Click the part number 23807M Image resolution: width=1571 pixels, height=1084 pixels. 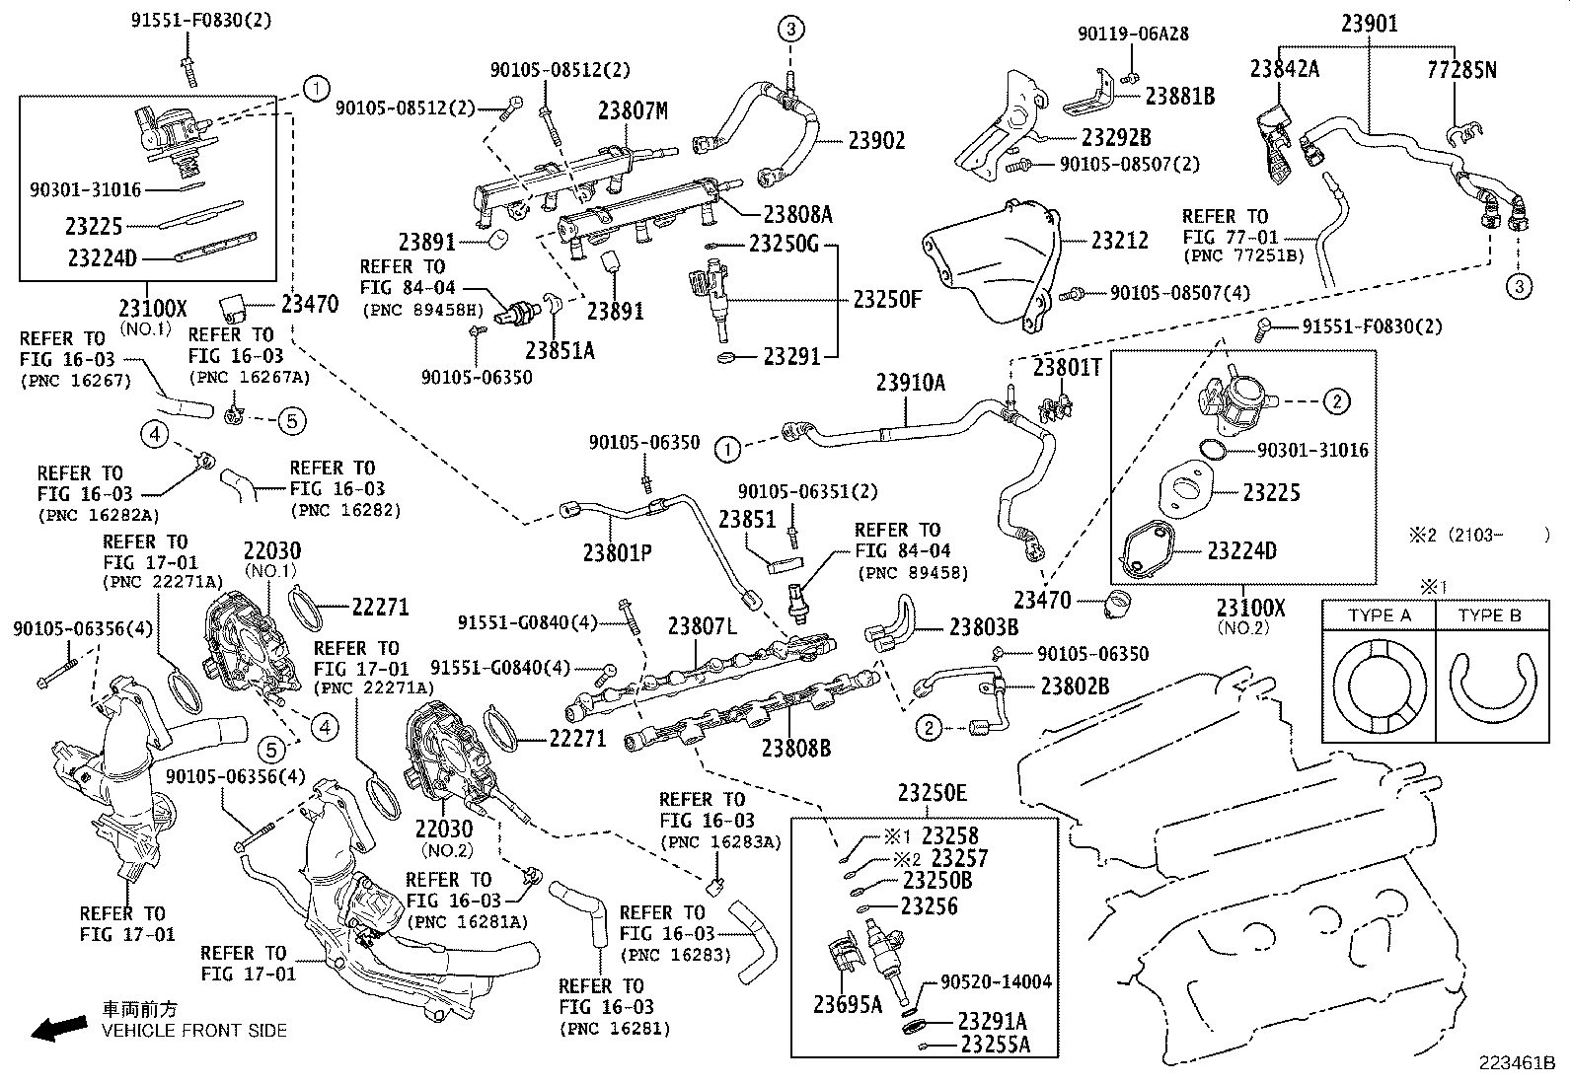(633, 111)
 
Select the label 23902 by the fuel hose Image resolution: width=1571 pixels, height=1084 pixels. (876, 141)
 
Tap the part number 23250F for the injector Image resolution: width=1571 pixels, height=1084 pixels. (886, 299)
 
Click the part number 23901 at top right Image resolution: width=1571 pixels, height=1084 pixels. (1370, 24)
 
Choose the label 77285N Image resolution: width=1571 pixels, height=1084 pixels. (1461, 69)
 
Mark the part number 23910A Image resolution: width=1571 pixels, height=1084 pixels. (910, 383)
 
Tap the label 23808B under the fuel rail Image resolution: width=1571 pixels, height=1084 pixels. (795, 748)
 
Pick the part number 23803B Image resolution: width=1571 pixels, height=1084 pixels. (984, 626)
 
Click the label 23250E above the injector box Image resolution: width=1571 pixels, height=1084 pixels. (933, 793)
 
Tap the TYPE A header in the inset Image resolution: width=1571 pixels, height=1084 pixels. (1379, 615)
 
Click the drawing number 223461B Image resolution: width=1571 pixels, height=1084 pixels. (1516, 1063)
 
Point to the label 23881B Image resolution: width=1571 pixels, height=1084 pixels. (1180, 96)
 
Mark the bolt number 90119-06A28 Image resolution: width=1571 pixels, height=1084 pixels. (1133, 34)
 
